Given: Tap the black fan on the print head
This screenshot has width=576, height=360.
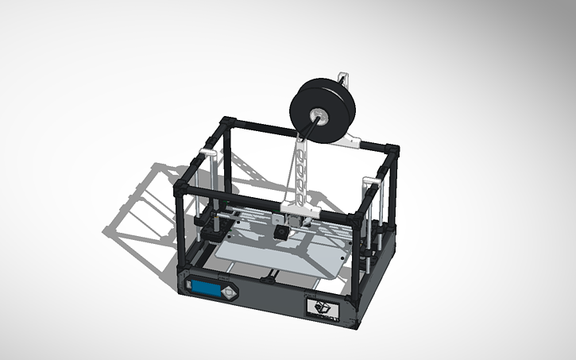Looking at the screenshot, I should point(280,233).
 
